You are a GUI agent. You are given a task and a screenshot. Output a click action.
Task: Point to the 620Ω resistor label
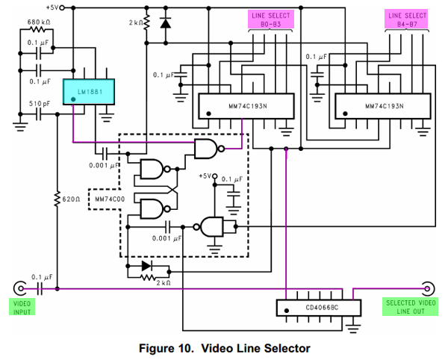pyautogui.click(x=71, y=199)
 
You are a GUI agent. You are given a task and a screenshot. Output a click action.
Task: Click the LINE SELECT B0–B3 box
pyautogui.click(x=270, y=19)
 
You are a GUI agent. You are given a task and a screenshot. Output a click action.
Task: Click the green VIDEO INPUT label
pyautogui.click(x=22, y=307)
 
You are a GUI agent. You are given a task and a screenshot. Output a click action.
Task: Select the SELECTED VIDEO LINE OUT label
pyautogui.click(x=410, y=307)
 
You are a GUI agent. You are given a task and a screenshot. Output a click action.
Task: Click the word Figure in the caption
pyautogui.click(x=158, y=348)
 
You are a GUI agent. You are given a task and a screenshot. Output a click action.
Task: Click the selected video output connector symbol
pyautogui.click(x=428, y=288)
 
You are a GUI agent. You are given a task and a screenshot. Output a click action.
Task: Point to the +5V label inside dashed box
pyautogui.click(x=206, y=176)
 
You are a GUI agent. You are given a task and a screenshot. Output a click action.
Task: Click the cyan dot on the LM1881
pyautogui.click(x=73, y=97)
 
